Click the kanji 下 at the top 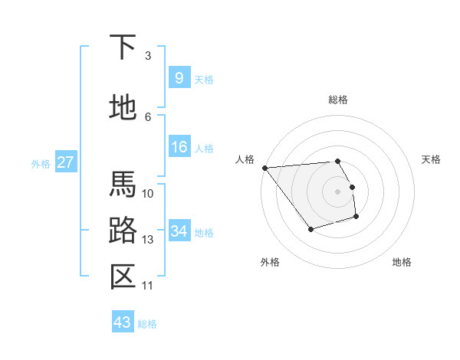coord(123,48)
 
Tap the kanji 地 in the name coord(123,108)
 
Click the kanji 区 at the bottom coord(123,277)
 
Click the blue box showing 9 coord(179,77)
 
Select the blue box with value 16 coord(179,147)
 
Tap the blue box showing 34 coord(179,231)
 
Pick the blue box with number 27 coord(66,162)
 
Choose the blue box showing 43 coord(122,322)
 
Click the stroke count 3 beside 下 coord(148,55)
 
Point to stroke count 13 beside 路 coord(148,240)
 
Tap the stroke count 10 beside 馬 coord(148,193)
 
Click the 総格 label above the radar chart coord(338,100)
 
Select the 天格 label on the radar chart coord(432,159)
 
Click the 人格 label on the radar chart coord(245,159)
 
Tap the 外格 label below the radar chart coord(270,262)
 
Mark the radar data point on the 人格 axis coord(264,167)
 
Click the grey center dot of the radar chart coord(338,191)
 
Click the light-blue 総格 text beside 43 coord(147,324)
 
